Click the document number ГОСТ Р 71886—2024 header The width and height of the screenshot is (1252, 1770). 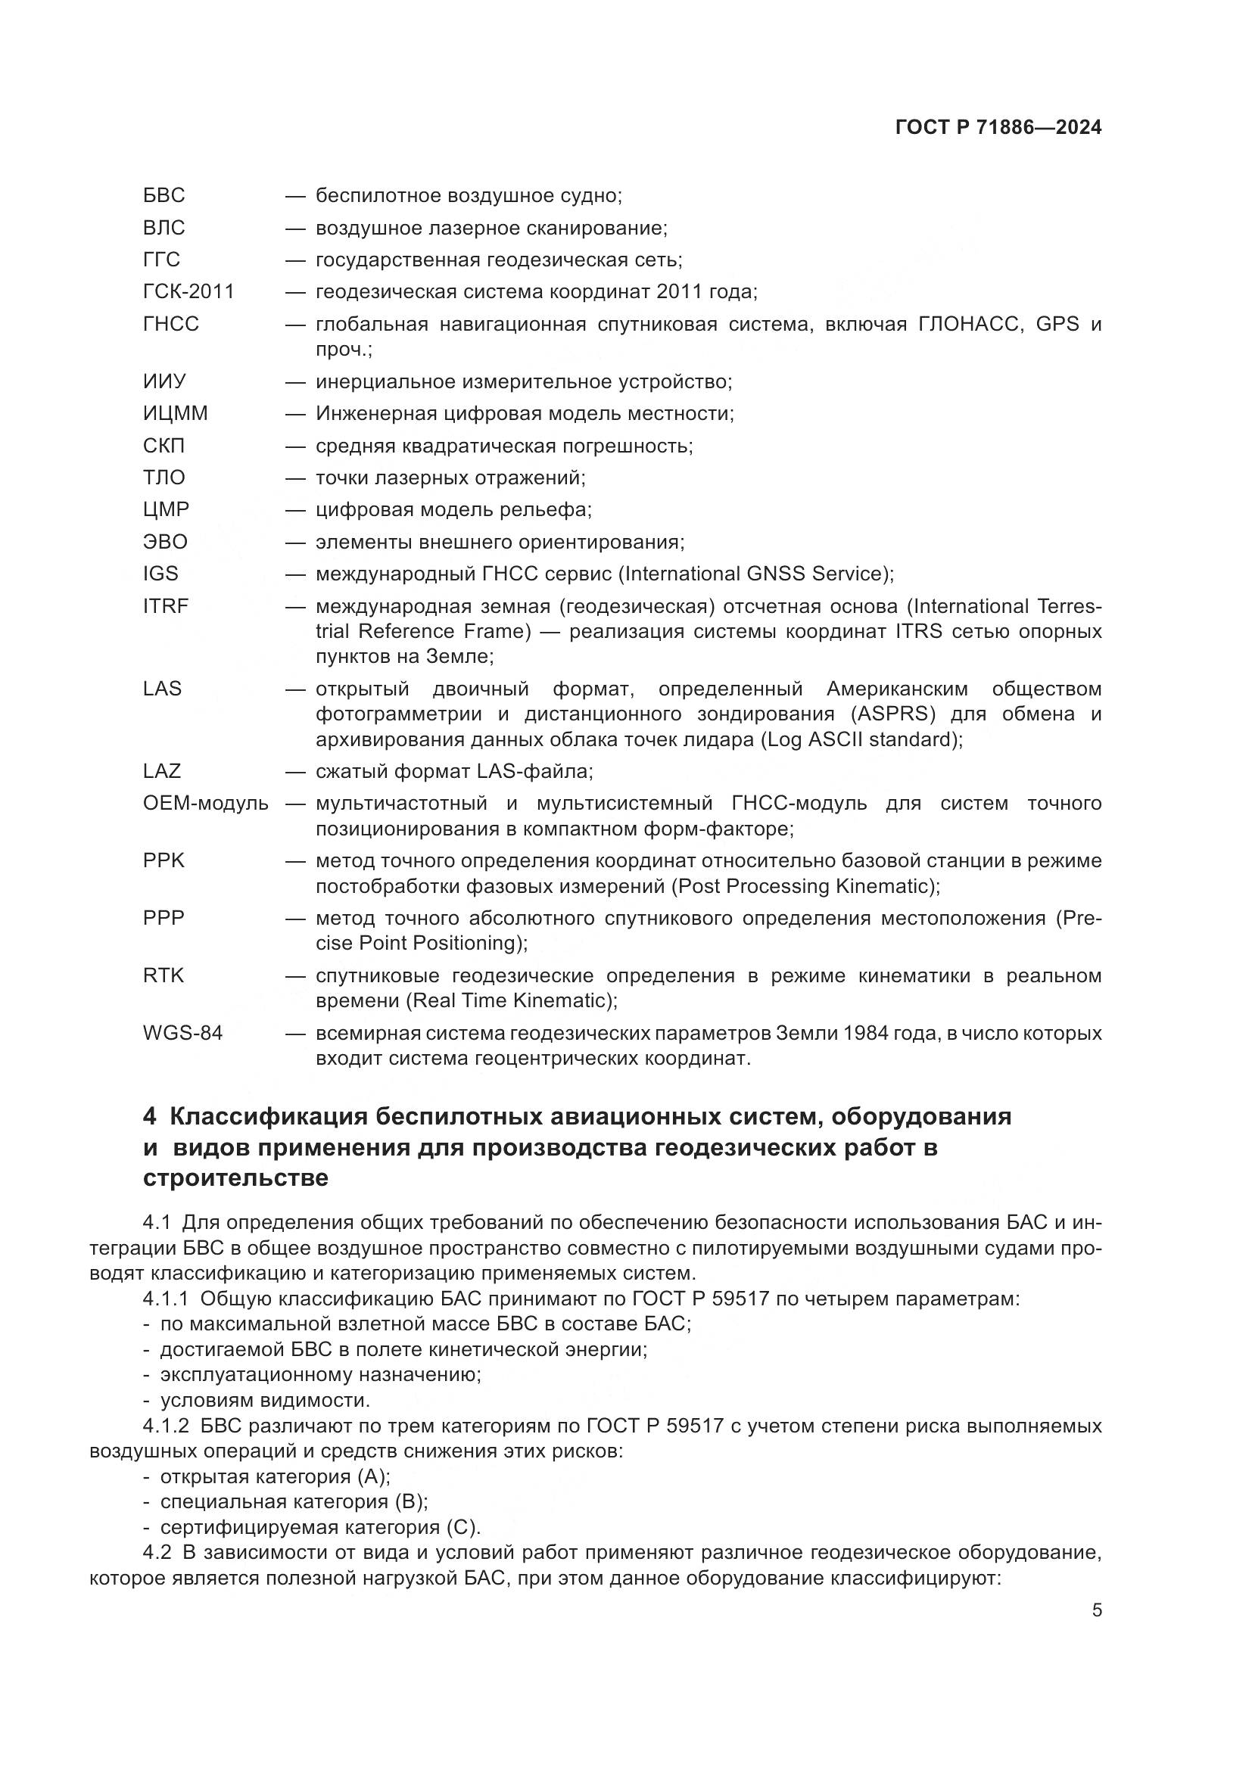[998, 128]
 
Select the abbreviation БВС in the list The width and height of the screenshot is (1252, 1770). [164, 196]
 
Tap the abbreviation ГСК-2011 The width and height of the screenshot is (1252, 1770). [188, 292]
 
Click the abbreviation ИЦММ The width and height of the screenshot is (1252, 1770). [175, 414]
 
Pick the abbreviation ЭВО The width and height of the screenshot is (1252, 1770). [165, 542]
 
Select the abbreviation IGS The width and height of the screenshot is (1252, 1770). [160, 574]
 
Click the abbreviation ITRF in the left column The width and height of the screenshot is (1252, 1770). [165, 607]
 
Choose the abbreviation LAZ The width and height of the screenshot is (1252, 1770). [161, 772]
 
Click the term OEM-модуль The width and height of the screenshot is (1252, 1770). [205, 804]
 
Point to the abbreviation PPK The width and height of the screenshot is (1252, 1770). [164, 861]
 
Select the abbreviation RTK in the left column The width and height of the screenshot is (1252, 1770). [164, 976]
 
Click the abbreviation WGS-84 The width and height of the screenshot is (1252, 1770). [182, 1033]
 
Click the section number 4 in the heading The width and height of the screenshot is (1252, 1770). [150, 1117]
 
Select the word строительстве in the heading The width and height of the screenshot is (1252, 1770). [235, 1178]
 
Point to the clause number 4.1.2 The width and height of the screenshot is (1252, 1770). [165, 1426]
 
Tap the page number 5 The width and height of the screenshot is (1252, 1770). [1096, 1610]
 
